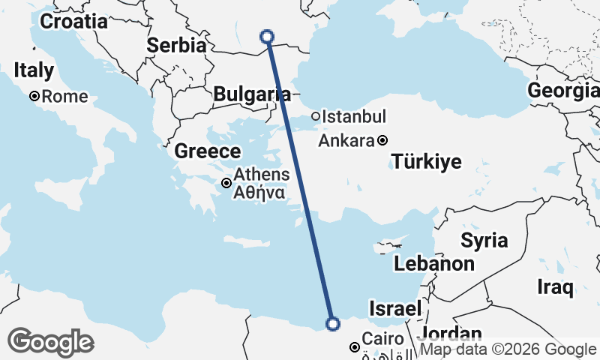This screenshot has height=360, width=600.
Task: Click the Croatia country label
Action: pyautogui.click(x=73, y=22)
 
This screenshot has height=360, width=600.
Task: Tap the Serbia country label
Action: pyautogui.click(x=176, y=45)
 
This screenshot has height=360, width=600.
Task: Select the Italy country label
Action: pyautogui.click(x=34, y=71)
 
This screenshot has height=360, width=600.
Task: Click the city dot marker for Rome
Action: pyautogui.click(x=34, y=97)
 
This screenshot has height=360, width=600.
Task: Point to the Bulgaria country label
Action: pyautogui.click(x=252, y=94)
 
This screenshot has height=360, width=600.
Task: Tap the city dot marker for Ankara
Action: pyautogui.click(x=382, y=140)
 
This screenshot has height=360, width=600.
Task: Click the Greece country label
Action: pyautogui.click(x=208, y=151)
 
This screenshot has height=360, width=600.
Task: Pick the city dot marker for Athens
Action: pyautogui.click(x=226, y=183)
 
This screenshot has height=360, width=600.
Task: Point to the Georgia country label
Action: pyautogui.click(x=563, y=91)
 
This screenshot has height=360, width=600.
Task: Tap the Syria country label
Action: pyautogui.click(x=484, y=241)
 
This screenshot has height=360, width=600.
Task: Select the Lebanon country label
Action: pyautogui.click(x=434, y=264)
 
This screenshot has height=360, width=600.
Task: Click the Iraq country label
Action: pyautogui.click(x=556, y=286)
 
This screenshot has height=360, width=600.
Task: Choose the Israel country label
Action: pyautogui.click(x=394, y=309)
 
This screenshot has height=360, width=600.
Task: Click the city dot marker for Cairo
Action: pyautogui.click(x=354, y=347)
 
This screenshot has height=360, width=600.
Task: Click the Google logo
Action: pyautogui.click(x=50, y=342)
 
